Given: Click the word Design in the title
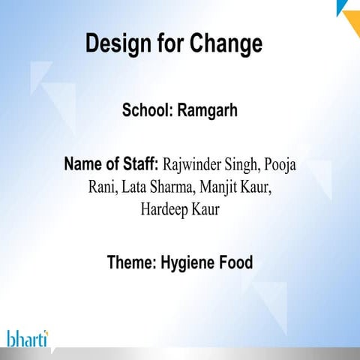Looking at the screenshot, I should pyautogui.click(x=118, y=44).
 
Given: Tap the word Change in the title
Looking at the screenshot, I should pyautogui.click(x=225, y=44).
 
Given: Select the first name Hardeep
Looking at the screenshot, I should pyautogui.click(x=163, y=209).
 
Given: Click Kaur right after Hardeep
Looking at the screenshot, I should pyautogui.click(x=204, y=209).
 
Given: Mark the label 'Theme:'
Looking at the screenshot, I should pyautogui.click(x=131, y=262).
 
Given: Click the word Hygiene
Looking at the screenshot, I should pyautogui.click(x=189, y=263).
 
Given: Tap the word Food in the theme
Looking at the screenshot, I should pyautogui.click(x=235, y=262).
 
